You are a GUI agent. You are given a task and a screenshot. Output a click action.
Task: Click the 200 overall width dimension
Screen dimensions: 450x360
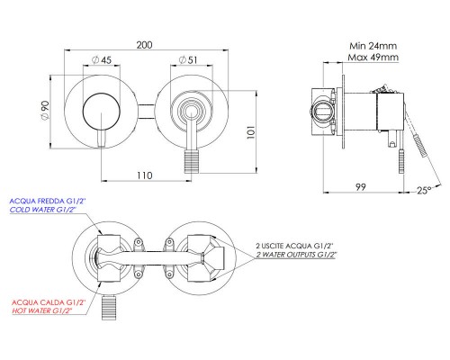[145, 45]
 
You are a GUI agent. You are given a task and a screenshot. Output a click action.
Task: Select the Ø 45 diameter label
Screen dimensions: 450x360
[102, 60]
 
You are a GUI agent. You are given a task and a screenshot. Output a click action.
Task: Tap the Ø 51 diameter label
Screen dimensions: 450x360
[188, 60]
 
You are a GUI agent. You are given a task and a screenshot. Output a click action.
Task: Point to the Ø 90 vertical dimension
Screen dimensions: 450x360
[45, 111]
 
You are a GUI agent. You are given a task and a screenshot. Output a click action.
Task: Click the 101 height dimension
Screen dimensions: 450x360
[251, 132]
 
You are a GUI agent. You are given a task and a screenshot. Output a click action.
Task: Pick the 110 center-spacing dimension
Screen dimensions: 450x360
[145, 175]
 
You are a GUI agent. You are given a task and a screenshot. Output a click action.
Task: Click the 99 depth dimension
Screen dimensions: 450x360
[361, 187]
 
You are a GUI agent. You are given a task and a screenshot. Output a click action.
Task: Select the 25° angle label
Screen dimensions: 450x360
[424, 190]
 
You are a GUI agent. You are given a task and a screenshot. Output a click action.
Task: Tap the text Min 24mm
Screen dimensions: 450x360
[373, 46]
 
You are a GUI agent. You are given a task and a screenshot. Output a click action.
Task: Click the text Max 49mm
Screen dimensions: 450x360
[373, 57]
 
